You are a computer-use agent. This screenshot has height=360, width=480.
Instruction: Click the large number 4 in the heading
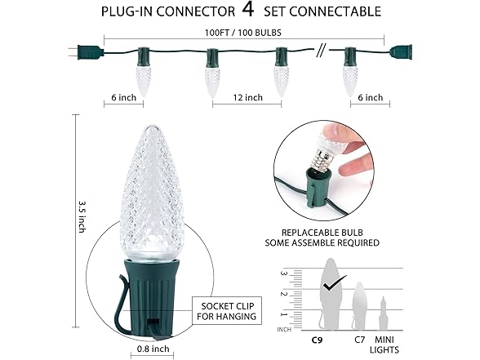click(248, 9)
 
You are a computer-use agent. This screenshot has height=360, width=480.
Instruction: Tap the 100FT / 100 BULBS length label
click(243, 33)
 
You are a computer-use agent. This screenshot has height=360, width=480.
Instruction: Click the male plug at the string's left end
click(87, 52)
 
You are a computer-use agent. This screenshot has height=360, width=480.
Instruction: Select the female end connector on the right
click(401, 52)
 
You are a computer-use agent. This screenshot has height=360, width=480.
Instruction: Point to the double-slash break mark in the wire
click(321, 50)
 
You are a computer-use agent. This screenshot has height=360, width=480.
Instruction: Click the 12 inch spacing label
click(247, 98)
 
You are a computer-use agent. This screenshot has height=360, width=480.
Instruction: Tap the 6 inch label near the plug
click(124, 98)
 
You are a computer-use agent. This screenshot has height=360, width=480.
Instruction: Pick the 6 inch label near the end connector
click(371, 98)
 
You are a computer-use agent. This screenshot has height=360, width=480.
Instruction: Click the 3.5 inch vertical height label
click(82, 216)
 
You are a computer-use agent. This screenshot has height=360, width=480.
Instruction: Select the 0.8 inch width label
click(153, 349)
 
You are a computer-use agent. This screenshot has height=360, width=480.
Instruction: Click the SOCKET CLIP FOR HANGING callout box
click(227, 311)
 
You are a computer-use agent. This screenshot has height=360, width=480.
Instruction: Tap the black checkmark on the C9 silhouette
click(335, 282)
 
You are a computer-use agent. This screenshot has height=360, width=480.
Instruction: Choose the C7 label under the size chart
click(360, 340)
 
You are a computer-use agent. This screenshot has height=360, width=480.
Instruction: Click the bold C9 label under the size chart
click(317, 340)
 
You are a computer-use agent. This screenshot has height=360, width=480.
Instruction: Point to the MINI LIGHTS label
click(384, 344)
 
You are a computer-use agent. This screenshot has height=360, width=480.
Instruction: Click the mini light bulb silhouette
click(384, 313)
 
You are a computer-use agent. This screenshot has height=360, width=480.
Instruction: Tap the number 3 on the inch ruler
click(283, 273)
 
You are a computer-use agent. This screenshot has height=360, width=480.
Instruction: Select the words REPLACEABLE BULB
click(322, 233)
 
